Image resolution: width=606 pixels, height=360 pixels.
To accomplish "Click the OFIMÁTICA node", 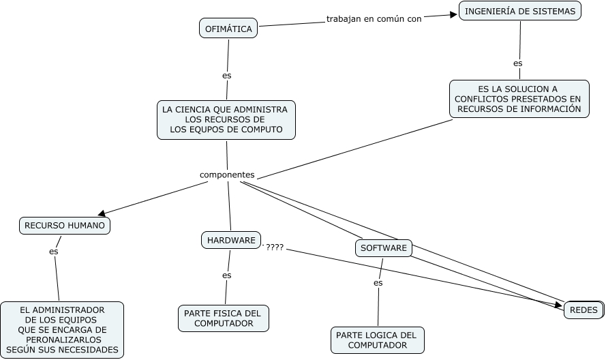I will pyautogui.click(x=228, y=29).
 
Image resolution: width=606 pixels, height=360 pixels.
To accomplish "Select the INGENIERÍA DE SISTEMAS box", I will pyautogui.click(x=520, y=11).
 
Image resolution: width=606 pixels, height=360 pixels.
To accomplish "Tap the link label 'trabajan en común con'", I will pyautogui.click(x=374, y=18).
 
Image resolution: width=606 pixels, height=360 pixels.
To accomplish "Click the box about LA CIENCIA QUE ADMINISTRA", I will pyautogui.click(x=226, y=120).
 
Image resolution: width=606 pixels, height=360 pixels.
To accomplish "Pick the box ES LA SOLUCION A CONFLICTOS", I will pyautogui.click(x=519, y=99).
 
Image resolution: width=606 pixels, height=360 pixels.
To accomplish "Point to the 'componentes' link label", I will pyautogui.click(x=227, y=175).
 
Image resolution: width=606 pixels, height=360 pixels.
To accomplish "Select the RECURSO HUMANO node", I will pyautogui.click(x=65, y=225).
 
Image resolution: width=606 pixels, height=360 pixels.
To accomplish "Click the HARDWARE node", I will pyautogui.click(x=231, y=240).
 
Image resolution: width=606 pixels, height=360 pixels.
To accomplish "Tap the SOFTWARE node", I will pyautogui.click(x=384, y=248).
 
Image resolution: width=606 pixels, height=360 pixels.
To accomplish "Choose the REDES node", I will pyautogui.click(x=584, y=310).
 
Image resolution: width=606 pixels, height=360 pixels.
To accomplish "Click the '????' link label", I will pyautogui.click(x=275, y=247).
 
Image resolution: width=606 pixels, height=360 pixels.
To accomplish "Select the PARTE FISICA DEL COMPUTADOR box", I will pyautogui.click(x=224, y=318).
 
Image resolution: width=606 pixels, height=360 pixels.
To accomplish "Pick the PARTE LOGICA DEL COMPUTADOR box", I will pyautogui.click(x=378, y=340).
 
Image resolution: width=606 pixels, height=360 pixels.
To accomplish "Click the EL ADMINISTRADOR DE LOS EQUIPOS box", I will pyautogui.click(x=62, y=330).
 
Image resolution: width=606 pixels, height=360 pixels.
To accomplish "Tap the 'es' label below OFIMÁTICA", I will pyautogui.click(x=227, y=76).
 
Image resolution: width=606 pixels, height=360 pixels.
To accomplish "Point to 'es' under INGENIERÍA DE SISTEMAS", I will pyautogui.click(x=518, y=63).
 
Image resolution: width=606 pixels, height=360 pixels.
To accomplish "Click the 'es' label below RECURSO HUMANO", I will pyautogui.click(x=54, y=252).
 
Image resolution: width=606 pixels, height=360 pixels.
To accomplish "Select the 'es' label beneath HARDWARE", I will pyautogui.click(x=227, y=275).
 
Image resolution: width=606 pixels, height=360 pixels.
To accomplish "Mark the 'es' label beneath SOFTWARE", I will pyautogui.click(x=378, y=282).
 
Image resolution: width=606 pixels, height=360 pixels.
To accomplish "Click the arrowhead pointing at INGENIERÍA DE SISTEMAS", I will pyautogui.click(x=452, y=15).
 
